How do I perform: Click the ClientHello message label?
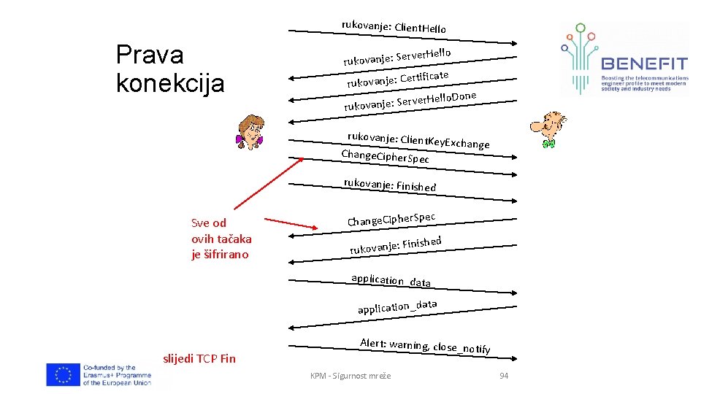394,27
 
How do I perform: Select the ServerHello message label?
397,56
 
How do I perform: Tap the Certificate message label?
397,78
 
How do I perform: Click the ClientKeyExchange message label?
418,139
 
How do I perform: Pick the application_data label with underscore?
397,307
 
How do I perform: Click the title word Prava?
150,55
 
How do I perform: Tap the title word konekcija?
170,82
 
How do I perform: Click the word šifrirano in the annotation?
220,254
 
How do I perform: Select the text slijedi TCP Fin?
199,358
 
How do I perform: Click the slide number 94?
502,375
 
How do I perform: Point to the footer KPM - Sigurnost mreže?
350,375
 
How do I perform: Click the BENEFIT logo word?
643,63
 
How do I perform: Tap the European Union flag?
63,374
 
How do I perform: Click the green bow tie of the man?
550,144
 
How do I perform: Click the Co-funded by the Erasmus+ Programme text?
117,374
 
